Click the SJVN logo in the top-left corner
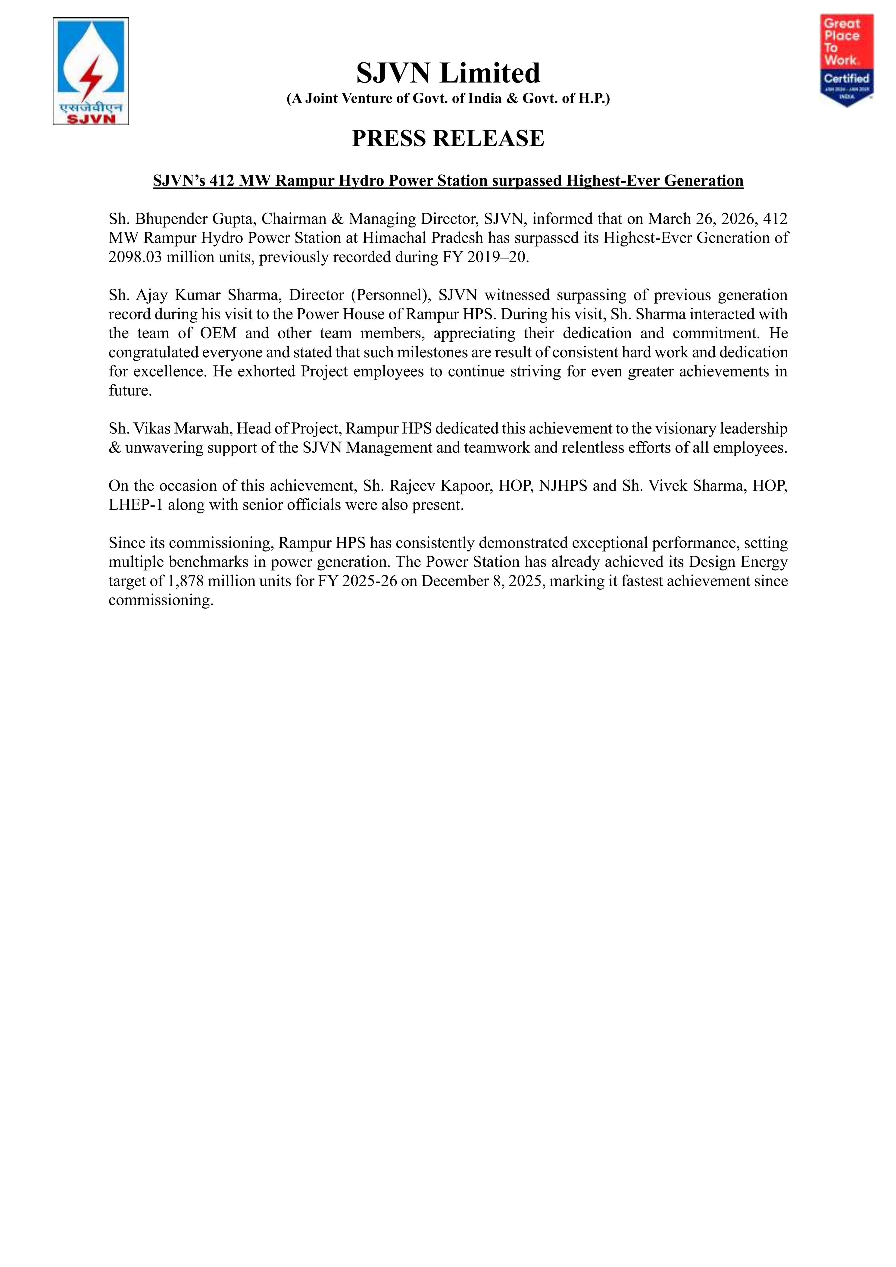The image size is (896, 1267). [91, 71]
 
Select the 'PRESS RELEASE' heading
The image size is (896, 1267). [448, 138]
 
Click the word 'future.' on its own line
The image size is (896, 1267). [130, 391]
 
